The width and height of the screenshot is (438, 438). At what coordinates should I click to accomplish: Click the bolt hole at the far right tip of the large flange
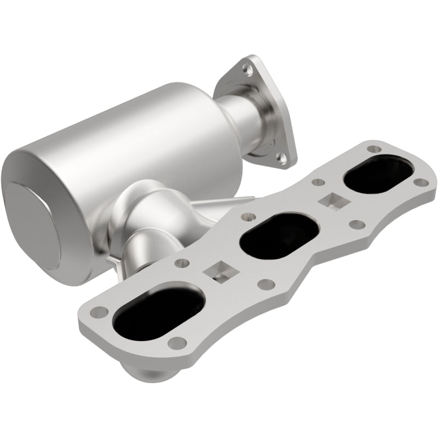[419, 182]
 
